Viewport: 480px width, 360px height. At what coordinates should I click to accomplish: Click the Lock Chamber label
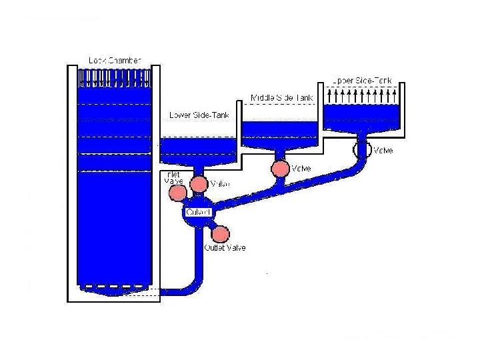pyautogui.click(x=115, y=60)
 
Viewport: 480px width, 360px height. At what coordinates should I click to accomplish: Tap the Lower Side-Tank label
pyautogui.click(x=199, y=115)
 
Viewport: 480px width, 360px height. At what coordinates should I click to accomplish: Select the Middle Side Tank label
pyautogui.click(x=281, y=98)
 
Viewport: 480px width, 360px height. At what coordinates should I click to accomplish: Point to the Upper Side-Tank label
pyautogui.click(x=363, y=80)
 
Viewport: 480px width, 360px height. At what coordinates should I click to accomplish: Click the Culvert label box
pyautogui.click(x=199, y=212)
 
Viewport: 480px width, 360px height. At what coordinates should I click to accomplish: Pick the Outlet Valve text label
pyautogui.click(x=225, y=248)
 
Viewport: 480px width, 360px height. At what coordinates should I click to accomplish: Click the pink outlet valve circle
pyautogui.click(x=220, y=234)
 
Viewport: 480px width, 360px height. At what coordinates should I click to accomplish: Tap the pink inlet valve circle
pyautogui.click(x=177, y=193)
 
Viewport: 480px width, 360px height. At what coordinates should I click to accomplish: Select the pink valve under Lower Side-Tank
pyautogui.click(x=199, y=184)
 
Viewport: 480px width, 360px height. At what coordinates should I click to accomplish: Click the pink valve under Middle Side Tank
pyautogui.click(x=281, y=168)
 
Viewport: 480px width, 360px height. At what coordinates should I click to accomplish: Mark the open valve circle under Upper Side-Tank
pyautogui.click(x=364, y=148)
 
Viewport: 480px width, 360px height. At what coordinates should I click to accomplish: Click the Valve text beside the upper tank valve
pyautogui.click(x=383, y=150)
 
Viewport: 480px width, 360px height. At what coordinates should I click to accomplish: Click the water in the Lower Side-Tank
pyautogui.click(x=199, y=147)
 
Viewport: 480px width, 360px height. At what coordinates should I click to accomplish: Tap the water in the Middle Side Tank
pyautogui.click(x=281, y=131)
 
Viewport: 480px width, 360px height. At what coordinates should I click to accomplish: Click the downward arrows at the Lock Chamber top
pyautogui.click(x=115, y=77)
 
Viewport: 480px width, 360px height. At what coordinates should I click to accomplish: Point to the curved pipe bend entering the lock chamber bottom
pyautogui.click(x=193, y=287)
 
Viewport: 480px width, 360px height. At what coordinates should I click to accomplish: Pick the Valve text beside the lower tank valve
pyautogui.click(x=220, y=184)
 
